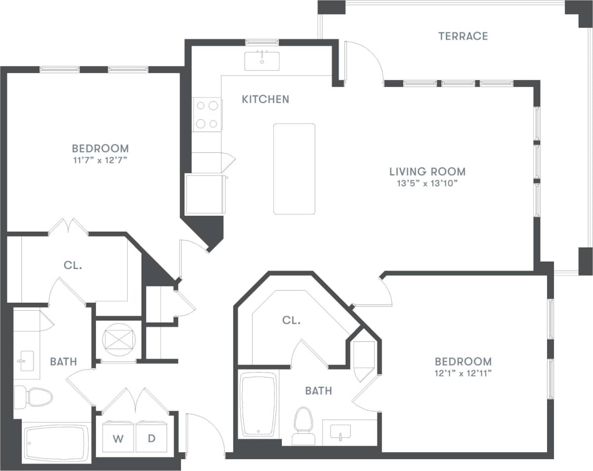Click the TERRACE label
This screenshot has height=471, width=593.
pos(463,36)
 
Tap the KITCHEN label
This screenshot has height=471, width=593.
pos(266,99)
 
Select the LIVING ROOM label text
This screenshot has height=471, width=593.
pos(427,172)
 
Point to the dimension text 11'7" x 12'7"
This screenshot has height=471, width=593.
pos(100,160)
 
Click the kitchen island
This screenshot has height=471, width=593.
pos(294,169)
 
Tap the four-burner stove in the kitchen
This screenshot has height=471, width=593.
pos(207,114)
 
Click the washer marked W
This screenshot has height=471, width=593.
pos(118,437)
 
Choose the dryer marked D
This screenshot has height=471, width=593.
pos(152,437)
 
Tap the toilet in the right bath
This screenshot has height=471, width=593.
pos(302,424)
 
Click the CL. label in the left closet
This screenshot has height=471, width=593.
pos(73,265)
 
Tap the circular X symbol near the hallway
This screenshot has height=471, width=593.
pos(118,340)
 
